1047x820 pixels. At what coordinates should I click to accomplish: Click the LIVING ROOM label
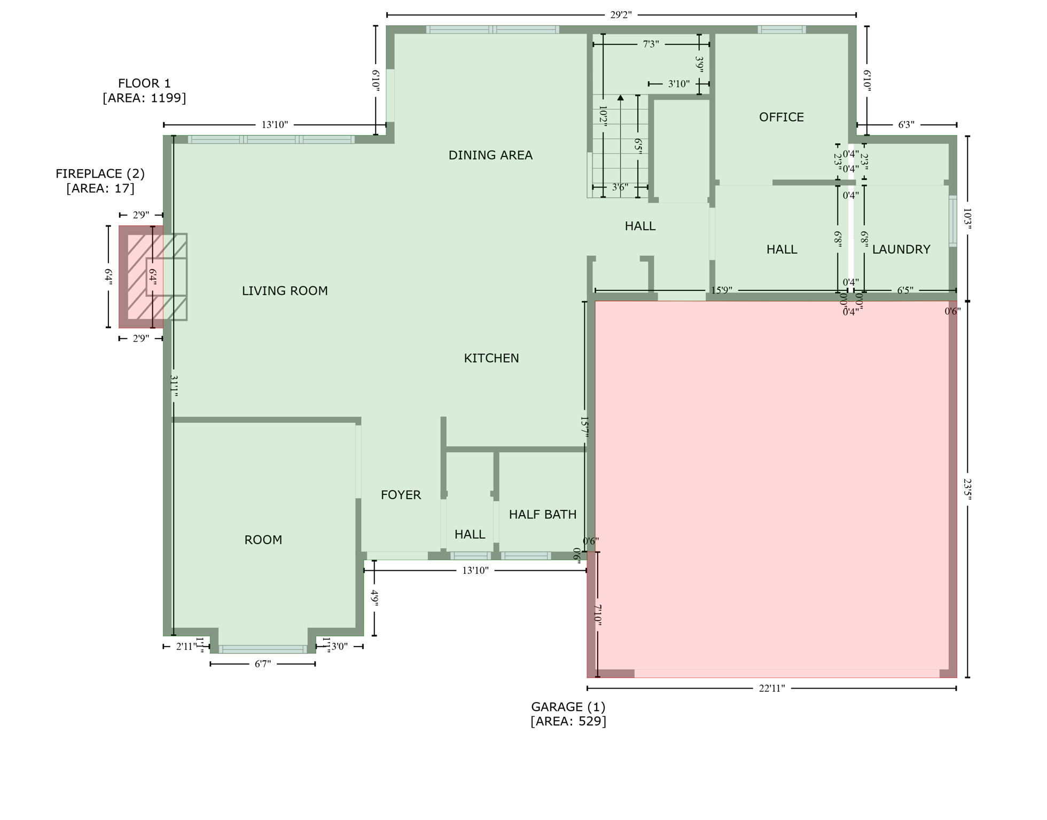point(285,291)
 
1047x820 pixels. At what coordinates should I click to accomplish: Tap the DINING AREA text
point(490,155)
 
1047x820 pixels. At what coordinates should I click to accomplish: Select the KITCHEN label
point(491,358)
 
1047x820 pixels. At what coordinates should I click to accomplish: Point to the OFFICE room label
point(781,117)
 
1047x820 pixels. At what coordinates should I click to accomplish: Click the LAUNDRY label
point(901,249)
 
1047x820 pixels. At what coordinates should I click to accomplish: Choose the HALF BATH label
point(542,515)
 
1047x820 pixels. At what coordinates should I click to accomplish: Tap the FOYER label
point(401,495)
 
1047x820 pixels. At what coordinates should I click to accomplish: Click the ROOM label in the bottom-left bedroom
point(263,540)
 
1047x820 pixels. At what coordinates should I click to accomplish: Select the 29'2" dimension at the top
point(621,15)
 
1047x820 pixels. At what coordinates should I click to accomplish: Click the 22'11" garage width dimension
point(771,689)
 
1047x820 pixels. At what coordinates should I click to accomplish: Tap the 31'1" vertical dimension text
point(174,385)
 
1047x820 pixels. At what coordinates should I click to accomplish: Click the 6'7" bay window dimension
point(262,664)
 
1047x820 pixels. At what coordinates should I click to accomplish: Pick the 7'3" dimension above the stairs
point(650,44)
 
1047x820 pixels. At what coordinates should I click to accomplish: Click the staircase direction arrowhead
point(620,98)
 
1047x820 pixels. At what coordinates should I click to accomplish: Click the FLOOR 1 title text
point(144,83)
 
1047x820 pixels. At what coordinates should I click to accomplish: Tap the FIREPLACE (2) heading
point(100,174)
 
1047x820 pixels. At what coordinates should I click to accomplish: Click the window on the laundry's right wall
point(952,221)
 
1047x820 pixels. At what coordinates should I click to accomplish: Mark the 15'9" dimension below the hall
point(721,290)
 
